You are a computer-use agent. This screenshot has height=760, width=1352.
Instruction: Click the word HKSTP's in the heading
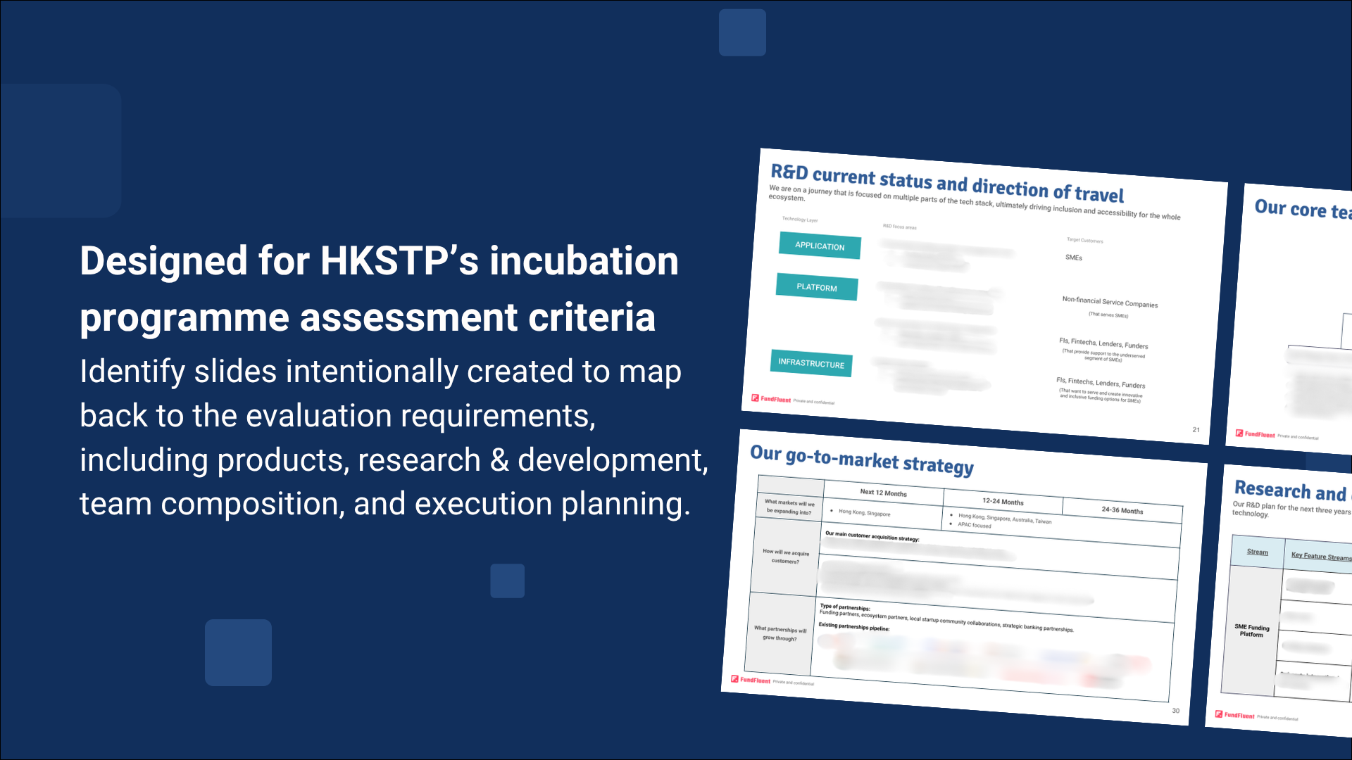399,261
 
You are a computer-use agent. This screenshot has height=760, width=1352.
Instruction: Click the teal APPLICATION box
820,246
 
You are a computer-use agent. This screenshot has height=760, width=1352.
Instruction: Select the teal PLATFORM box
817,287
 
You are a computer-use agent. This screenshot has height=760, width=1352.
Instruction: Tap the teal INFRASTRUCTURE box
811,363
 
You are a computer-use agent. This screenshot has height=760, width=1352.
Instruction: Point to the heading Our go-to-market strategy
862,460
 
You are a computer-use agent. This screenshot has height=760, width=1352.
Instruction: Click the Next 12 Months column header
883,493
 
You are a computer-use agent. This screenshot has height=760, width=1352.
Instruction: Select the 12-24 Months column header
1003,502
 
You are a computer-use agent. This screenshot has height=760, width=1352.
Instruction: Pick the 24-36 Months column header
1122,510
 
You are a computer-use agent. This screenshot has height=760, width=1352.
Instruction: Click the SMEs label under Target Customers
1074,258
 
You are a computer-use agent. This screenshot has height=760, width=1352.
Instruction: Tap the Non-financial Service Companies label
1110,302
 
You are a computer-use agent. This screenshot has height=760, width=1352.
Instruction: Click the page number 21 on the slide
1196,429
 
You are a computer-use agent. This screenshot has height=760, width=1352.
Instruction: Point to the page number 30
1175,711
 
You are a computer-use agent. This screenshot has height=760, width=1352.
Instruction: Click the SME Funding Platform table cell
1251,631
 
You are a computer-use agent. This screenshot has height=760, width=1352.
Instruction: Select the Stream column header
1257,552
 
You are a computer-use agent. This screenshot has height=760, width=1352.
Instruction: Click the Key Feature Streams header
1321,556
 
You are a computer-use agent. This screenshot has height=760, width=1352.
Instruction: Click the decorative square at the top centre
742,32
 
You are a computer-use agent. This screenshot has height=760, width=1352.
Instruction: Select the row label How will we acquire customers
786,557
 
